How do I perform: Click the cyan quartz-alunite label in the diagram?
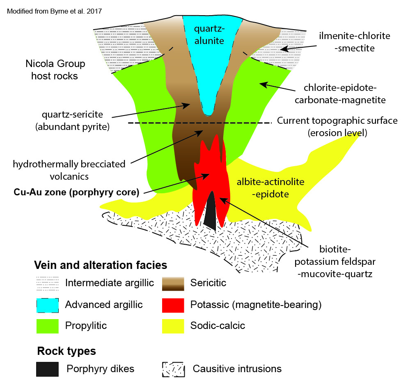coord(209,35)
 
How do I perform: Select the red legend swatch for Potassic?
coord(173,305)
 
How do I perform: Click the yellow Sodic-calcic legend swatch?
coord(173,326)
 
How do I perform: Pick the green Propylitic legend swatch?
coord(47,326)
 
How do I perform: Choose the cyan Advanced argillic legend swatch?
coord(47,305)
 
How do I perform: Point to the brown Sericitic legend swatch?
coord(173,284)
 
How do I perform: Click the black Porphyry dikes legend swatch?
coord(47,368)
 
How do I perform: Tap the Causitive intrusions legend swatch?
coord(173,368)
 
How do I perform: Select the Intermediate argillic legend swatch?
coord(47,284)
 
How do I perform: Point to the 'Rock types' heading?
coord(66,351)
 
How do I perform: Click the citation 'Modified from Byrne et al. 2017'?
coord(55,10)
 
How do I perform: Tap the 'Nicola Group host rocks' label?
coord(55,70)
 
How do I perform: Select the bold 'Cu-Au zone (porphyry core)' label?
coord(76,192)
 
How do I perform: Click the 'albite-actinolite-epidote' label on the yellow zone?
coord(270,188)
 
